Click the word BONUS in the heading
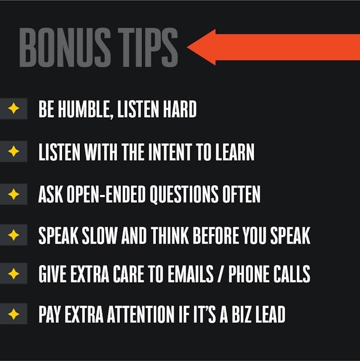click(65, 47)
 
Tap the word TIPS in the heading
click(148, 47)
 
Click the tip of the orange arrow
click(187, 47)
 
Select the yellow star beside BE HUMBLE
click(13, 108)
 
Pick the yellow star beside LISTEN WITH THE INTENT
click(13, 151)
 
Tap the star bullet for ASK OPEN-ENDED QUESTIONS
click(13, 194)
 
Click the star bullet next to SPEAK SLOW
click(13, 235)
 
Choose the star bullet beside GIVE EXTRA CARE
click(13, 273)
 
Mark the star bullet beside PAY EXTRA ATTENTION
click(13, 314)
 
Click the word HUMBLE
click(84, 109)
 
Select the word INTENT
click(170, 152)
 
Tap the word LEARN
click(235, 152)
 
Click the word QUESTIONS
click(184, 194)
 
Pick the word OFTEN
click(241, 194)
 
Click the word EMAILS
click(190, 274)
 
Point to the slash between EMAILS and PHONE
click(221, 274)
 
